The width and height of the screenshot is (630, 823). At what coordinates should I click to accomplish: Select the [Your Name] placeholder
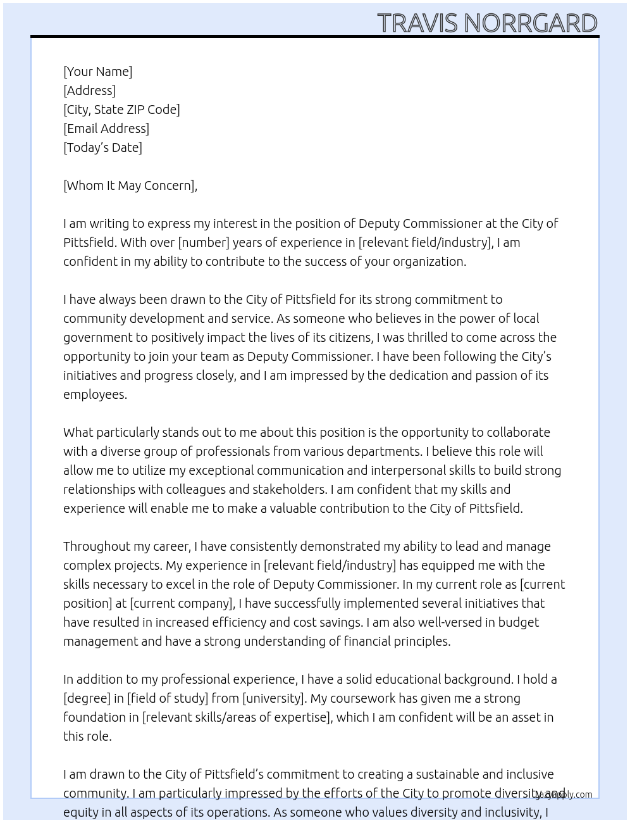[98, 72]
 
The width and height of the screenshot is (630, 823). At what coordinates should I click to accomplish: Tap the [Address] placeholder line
[89, 91]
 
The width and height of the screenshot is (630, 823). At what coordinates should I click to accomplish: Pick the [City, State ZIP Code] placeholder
[121, 110]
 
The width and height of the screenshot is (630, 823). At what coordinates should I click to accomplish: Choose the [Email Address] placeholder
[106, 129]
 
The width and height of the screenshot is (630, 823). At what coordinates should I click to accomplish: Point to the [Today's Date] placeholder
[102, 148]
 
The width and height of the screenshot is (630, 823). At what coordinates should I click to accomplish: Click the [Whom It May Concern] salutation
[130, 185]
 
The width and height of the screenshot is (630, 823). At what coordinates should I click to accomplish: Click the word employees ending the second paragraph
[95, 394]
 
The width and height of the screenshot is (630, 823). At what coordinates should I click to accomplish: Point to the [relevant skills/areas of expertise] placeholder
[237, 717]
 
